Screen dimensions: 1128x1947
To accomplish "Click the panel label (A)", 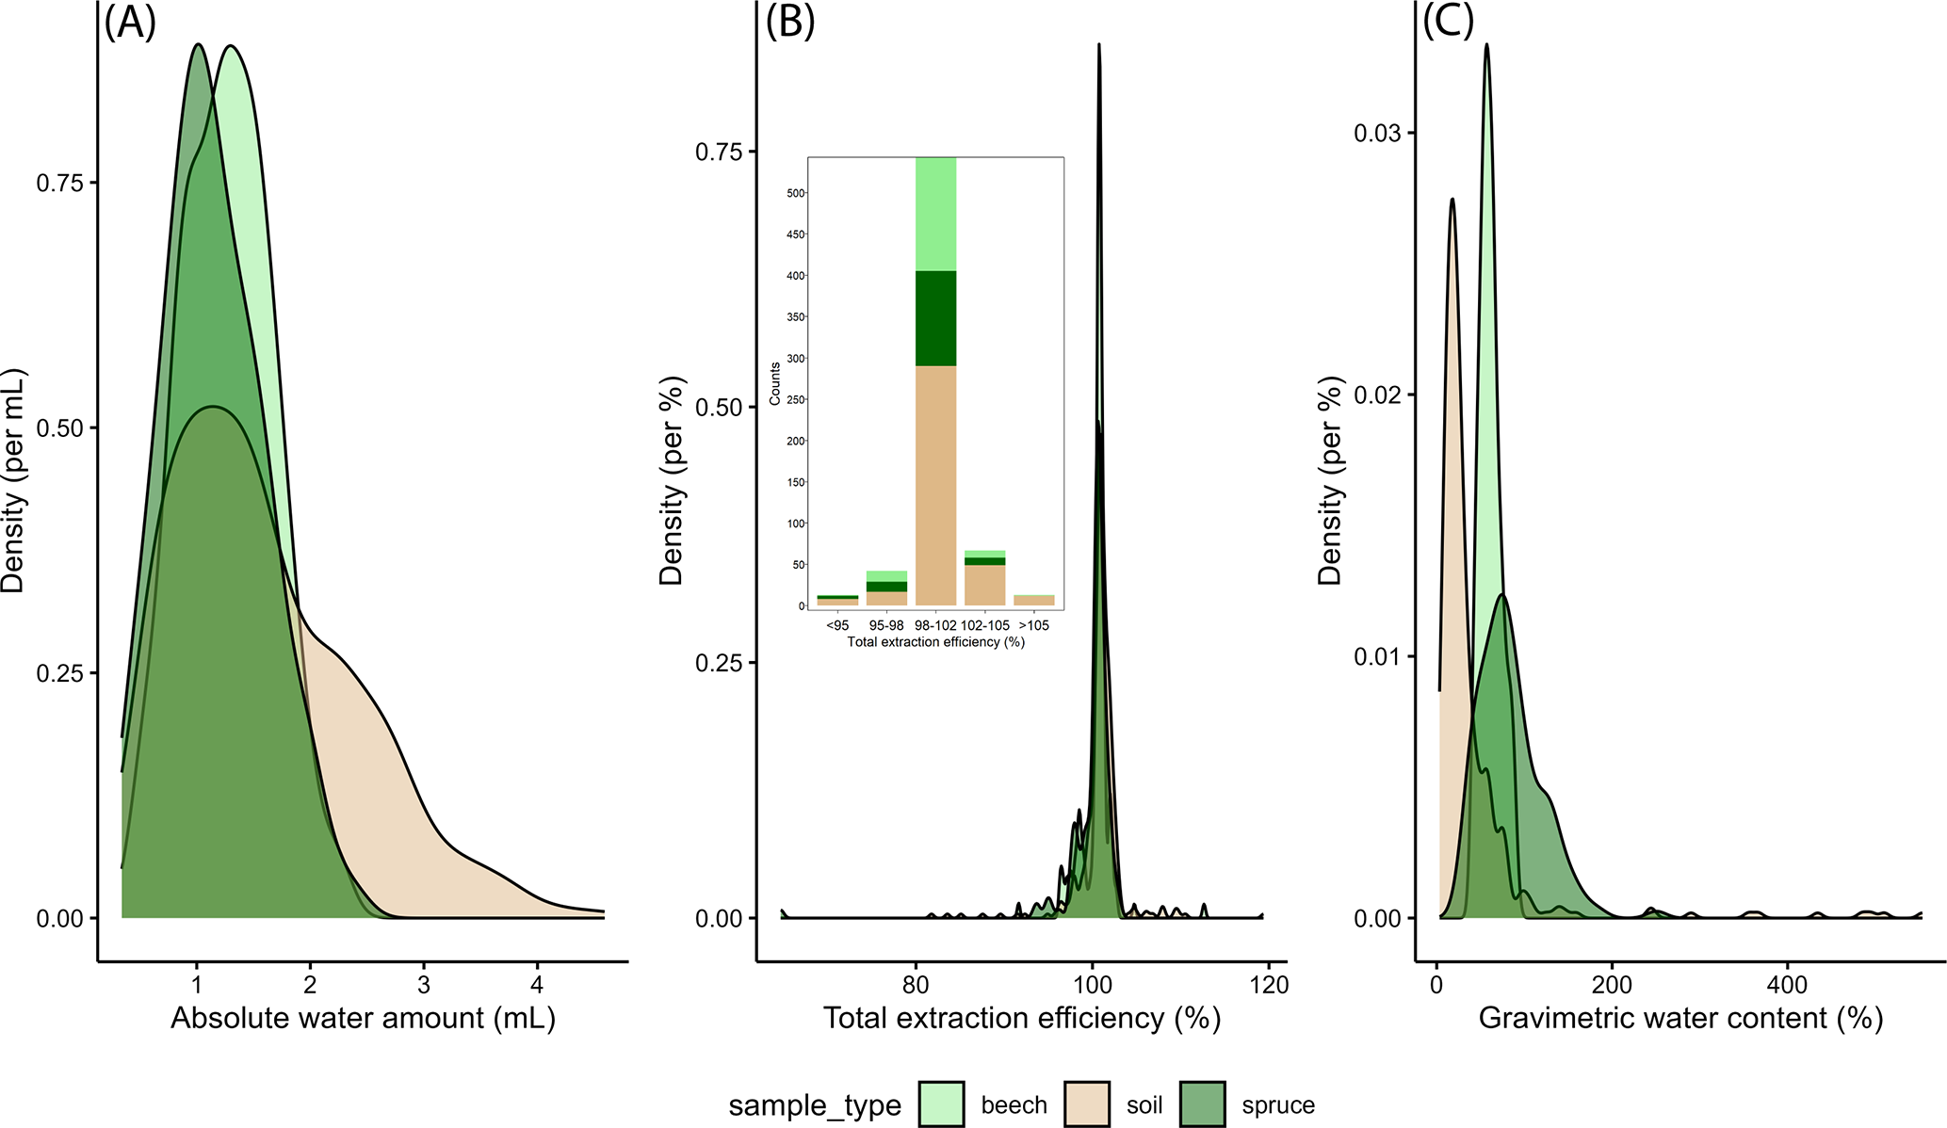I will pyautogui.click(x=129, y=23).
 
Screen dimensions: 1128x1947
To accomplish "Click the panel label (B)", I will pyautogui.click(x=789, y=23).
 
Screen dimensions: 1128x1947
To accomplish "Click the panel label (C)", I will pyautogui.click(x=1448, y=23).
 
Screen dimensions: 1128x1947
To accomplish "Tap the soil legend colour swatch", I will pyautogui.click(x=1087, y=1104).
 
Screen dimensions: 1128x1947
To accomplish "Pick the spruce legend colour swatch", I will pyautogui.click(x=1203, y=1104).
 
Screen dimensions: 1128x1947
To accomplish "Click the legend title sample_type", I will pyautogui.click(x=815, y=1105).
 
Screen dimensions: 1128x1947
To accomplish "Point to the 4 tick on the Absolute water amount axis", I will pyautogui.click(x=537, y=986).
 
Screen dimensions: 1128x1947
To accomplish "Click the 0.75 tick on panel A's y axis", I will pyautogui.click(x=60, y=183).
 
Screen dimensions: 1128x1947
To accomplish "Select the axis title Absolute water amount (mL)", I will pyautogui.click(x=363, y=1019).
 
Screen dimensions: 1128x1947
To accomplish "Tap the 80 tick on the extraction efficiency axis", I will pyautogui.click(x=915, y=986).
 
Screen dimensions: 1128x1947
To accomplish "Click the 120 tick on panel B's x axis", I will pyautogui.click(x=1269, y=986).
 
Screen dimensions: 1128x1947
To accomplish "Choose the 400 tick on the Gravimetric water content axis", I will pyautogui.click(x=1787, y=986).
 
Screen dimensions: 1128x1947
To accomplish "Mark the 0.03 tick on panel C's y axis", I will pyautogui.click(x=1378, y=133).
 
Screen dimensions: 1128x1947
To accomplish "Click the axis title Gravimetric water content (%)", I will pyautogui.click(x=1680, y=1019).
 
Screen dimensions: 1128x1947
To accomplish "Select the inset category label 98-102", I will pyautogui.click(x=935, y=625).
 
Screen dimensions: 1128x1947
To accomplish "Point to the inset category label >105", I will pyautogui.click(x=1034, y=625).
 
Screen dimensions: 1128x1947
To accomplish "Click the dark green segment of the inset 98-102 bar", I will pyautogui.click(x=935, y=318).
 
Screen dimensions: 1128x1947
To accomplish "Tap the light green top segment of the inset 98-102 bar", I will pyautogui.click(x=935, y=215).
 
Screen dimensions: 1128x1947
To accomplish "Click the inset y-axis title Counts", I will pyautogui.click(x=775, y=384).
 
